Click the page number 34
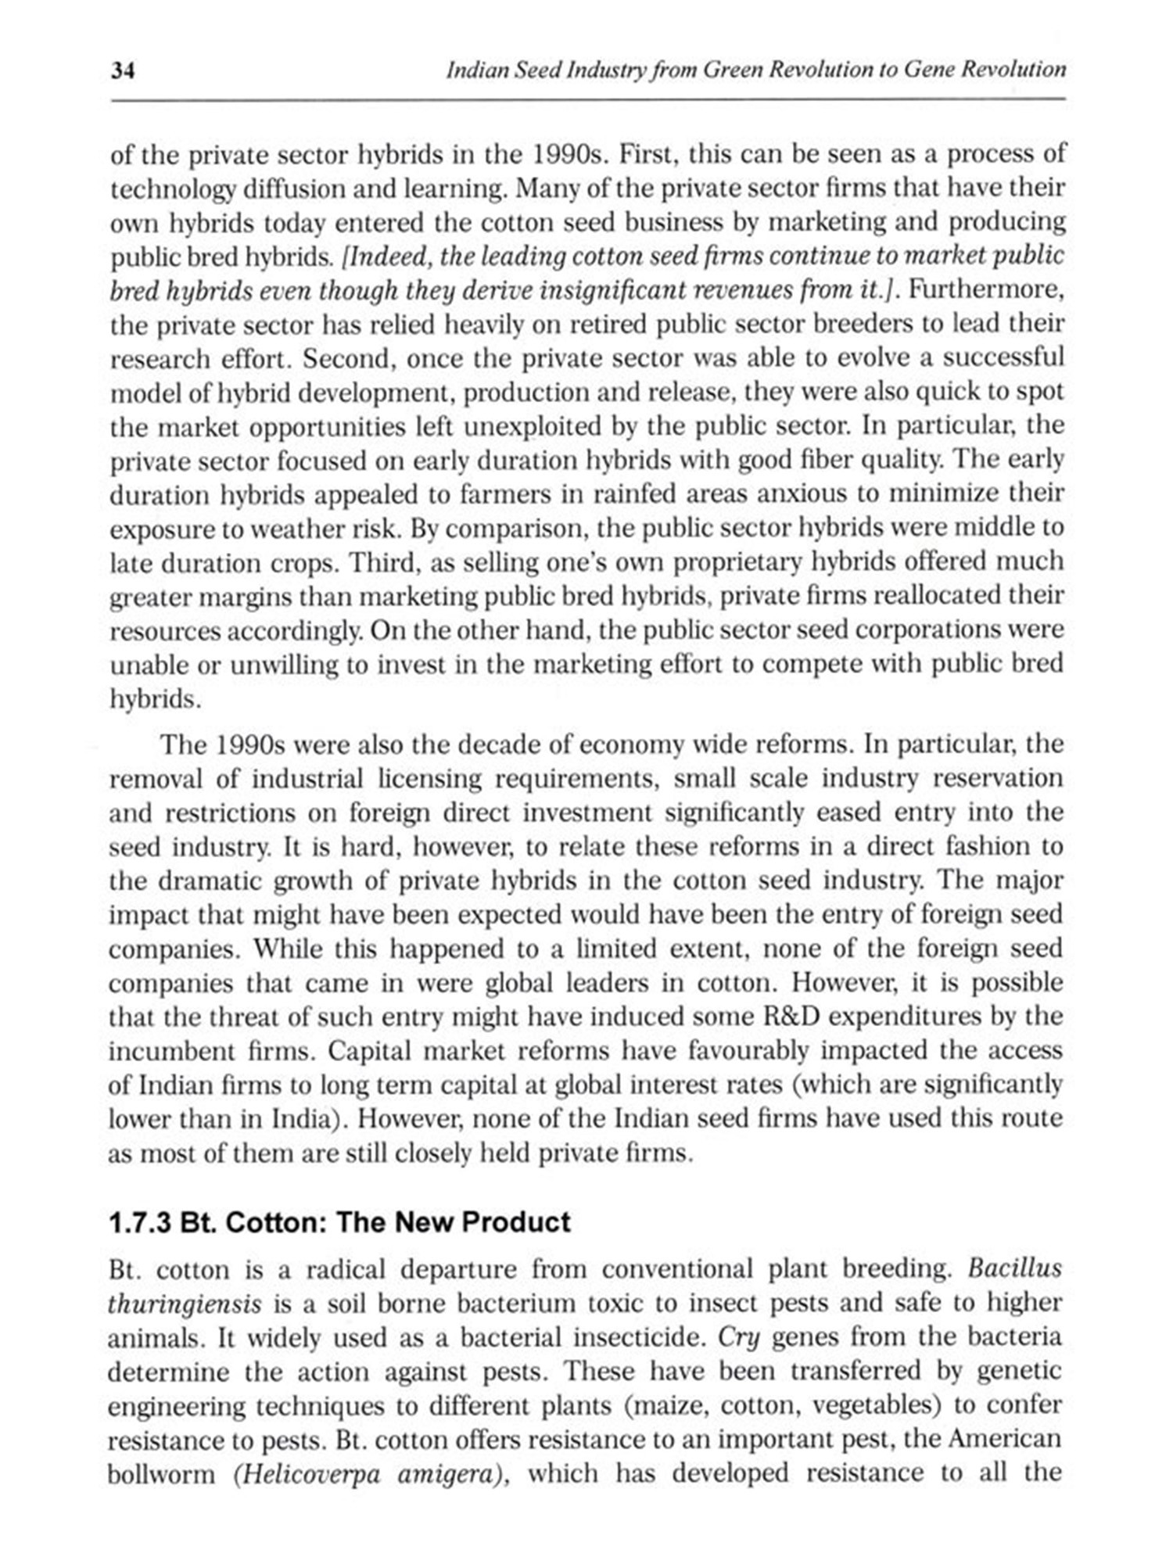coord(123,71)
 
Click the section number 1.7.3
coord(140,1221)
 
